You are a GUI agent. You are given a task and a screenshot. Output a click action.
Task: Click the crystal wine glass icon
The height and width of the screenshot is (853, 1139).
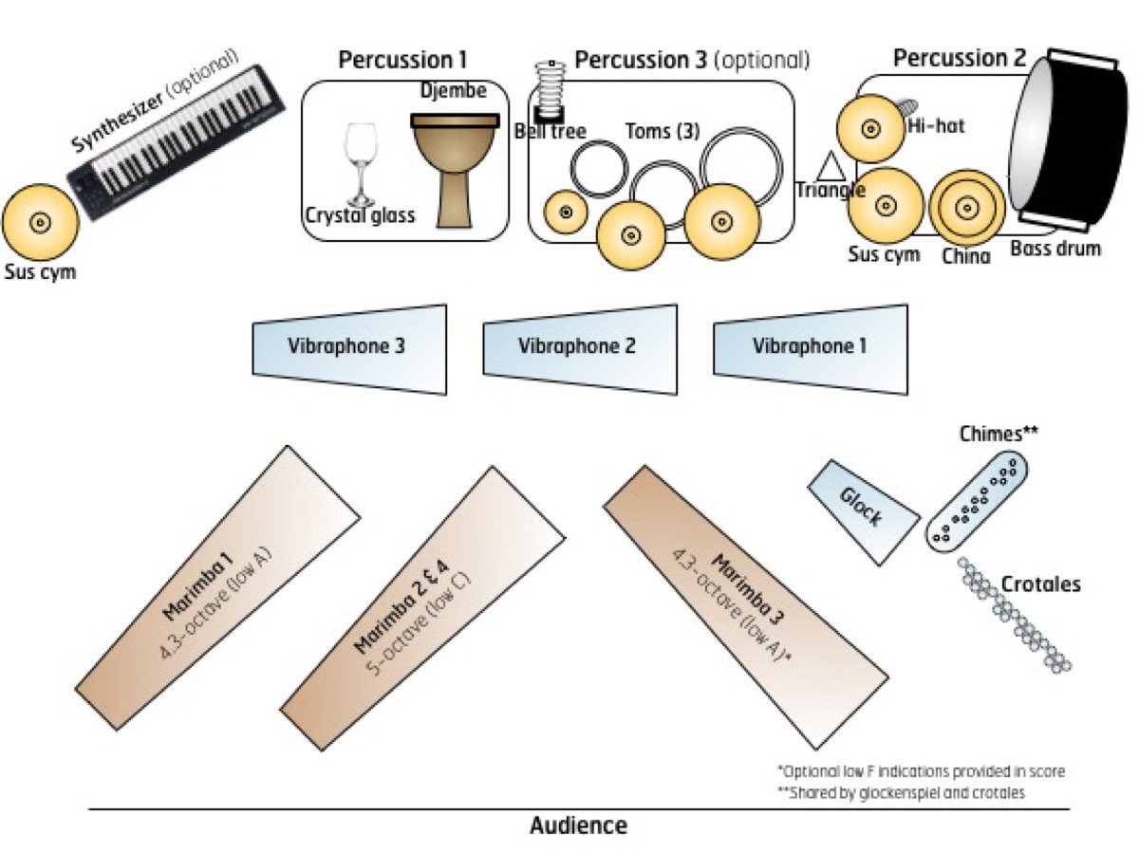point(360,164)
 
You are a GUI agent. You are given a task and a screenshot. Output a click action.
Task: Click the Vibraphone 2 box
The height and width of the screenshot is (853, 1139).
point(580,349)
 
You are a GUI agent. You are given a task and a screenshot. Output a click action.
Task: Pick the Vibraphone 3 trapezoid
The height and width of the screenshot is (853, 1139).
point(349,349)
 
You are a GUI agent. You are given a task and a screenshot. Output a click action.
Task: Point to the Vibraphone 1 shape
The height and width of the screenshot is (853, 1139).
point(811,349)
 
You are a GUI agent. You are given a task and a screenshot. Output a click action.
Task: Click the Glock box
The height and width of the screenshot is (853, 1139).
point(864,512)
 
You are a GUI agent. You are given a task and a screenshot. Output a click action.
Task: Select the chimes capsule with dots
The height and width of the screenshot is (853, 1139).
point(977,501)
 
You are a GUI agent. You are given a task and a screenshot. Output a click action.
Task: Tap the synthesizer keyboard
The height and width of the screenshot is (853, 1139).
point(177,142)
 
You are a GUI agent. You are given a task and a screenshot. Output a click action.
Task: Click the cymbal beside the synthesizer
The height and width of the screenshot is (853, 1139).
point(40,222)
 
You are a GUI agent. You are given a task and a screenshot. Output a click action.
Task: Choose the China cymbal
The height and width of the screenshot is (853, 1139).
point(966,209)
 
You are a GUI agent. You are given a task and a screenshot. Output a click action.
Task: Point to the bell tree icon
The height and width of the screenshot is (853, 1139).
point(550,91)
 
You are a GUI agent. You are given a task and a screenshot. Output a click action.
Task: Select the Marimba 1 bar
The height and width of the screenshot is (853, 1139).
point(218,588)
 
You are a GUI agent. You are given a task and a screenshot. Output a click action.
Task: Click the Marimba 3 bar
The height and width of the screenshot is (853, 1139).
point(746,607)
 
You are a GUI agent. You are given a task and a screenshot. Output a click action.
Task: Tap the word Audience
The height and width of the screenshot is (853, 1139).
point(579,825)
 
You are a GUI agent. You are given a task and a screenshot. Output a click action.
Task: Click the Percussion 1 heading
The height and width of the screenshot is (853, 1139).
point(402,60)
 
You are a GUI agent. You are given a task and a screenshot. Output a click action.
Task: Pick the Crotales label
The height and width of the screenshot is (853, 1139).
point(1040,584)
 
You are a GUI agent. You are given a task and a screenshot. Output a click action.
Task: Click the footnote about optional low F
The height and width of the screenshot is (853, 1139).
point(921,771)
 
